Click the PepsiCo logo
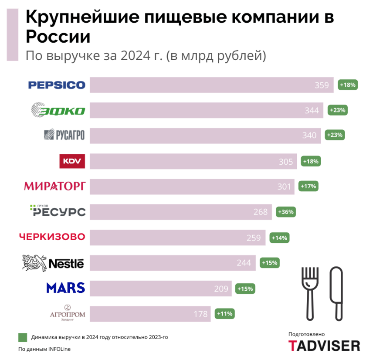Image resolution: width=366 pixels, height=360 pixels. (x=57, y=85)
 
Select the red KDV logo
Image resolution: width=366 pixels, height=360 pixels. (x=72, y=161)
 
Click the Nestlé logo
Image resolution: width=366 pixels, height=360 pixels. (x=53, y=263)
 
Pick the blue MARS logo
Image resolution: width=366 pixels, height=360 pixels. (x=65, y=288)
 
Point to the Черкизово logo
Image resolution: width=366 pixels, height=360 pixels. (x=52, y=238)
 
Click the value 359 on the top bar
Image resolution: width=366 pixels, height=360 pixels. (x=322, y=85)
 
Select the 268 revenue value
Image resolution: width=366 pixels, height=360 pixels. (x=260, y=212)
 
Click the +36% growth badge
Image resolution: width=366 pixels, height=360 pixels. (x=286, y=212)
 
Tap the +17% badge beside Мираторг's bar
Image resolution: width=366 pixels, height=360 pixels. (x=308, y=187)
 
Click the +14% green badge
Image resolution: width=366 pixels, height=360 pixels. (x=280, y=238)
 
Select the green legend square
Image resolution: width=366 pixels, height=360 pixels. (x=23, y=337)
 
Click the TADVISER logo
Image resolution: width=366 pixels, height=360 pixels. (x=324, y=346)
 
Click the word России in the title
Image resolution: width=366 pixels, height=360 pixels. (x=58, y=37)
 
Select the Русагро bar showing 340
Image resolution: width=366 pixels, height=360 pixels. (x=205, y=136)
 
